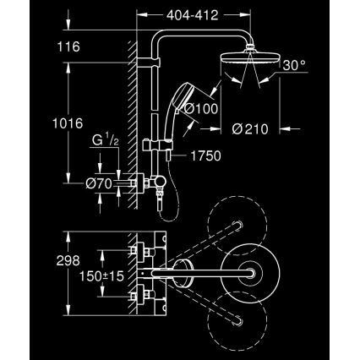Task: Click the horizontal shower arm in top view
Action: click(x=203, y=271)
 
